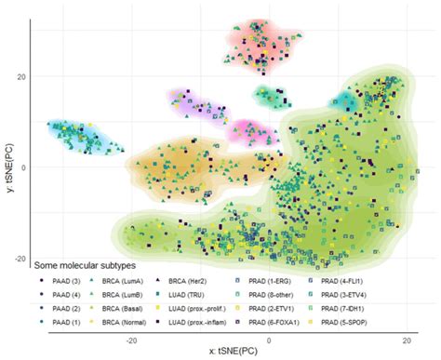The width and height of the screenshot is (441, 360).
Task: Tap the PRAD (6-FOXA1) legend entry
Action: [301, 322]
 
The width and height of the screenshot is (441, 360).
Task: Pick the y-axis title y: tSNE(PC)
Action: [7, 167]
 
